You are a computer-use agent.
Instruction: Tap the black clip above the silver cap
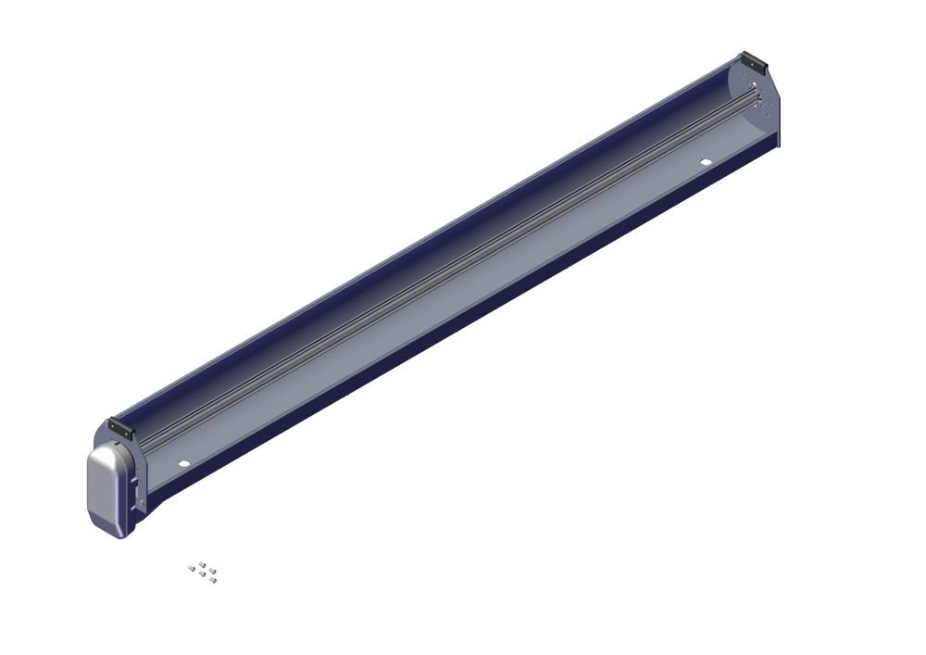point(120,428)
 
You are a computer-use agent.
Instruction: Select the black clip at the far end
point(753,62)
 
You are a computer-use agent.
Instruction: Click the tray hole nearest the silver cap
point(183,462)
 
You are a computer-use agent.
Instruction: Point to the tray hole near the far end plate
point(706,162)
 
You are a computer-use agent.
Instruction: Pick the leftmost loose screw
point(192,568)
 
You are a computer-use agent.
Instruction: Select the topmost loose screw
point(202,563)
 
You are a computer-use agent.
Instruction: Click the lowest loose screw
point(213,581)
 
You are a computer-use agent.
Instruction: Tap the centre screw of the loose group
point(202,574)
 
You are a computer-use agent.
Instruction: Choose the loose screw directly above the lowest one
point(212,571)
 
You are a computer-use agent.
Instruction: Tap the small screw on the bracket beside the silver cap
point(142,503)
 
